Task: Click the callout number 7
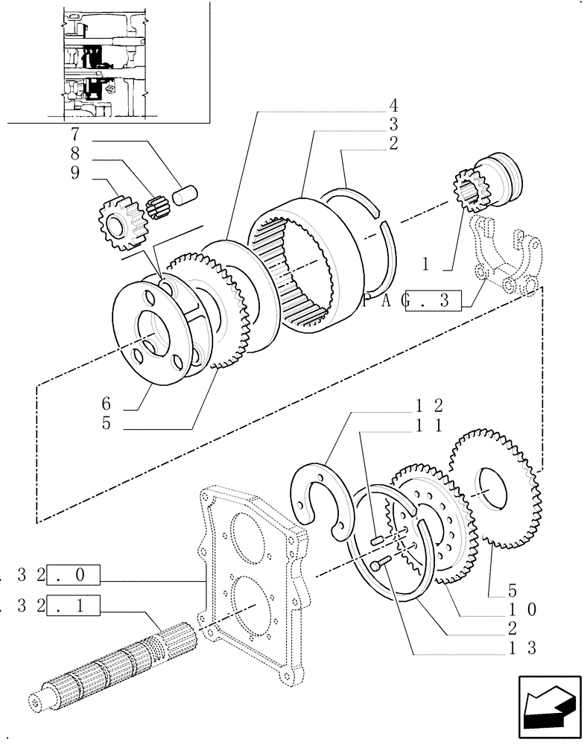[74, 136]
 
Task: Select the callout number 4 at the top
[393, 105]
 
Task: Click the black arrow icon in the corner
[548, 707]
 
